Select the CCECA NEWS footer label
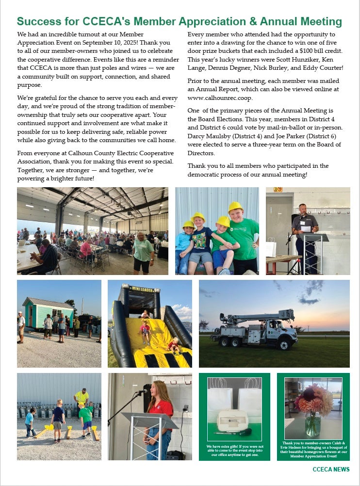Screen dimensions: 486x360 click(331, 470)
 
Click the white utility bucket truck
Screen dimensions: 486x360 click(254, 329)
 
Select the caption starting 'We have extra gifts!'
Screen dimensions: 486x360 click(234, 451)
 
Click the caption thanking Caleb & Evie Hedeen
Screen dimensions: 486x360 click(313, 449)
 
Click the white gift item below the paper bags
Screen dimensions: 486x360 click(234, 420)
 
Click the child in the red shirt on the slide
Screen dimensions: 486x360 click(144, 329)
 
